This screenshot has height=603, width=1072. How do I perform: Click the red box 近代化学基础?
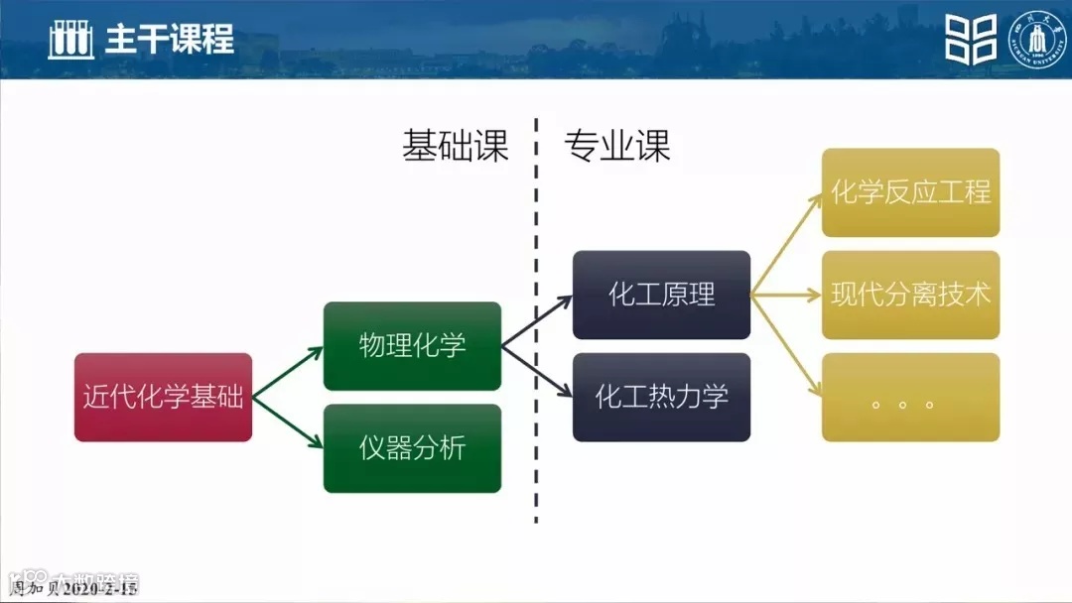[x=163, y=397]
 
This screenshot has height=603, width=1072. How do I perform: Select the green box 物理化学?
[x=412, y=346]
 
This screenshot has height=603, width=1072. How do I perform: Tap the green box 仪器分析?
[x=412, y=448]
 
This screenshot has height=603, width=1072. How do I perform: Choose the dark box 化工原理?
[x=661, y=295]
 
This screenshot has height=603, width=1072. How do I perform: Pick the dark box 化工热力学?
[x=661, y=397]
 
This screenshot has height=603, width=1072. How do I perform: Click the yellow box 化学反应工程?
[x=910, y=192]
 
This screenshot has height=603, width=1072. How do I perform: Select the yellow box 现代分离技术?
[x=910, y=295]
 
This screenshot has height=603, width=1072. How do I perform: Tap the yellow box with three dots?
[x=910, y=397]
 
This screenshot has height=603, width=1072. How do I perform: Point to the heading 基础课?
[x=455, y=146]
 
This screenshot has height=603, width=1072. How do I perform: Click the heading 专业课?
[x=617, y=146]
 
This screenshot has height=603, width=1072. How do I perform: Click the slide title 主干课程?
[x=170, y=39]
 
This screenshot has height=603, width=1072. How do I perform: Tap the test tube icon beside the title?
[x=70, y=39]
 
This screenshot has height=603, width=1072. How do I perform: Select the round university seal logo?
[x=1036, y=39]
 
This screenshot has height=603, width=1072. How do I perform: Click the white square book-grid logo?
[x=970, y=39]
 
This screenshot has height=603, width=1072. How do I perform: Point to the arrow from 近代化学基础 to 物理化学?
[x=288, y=373]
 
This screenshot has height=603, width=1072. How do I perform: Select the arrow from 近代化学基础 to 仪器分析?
[x=288, y=422]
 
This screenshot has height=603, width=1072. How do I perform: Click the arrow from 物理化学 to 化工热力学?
[x=538, y=371]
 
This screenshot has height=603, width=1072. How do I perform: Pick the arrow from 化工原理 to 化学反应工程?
[x=786, y=244]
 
